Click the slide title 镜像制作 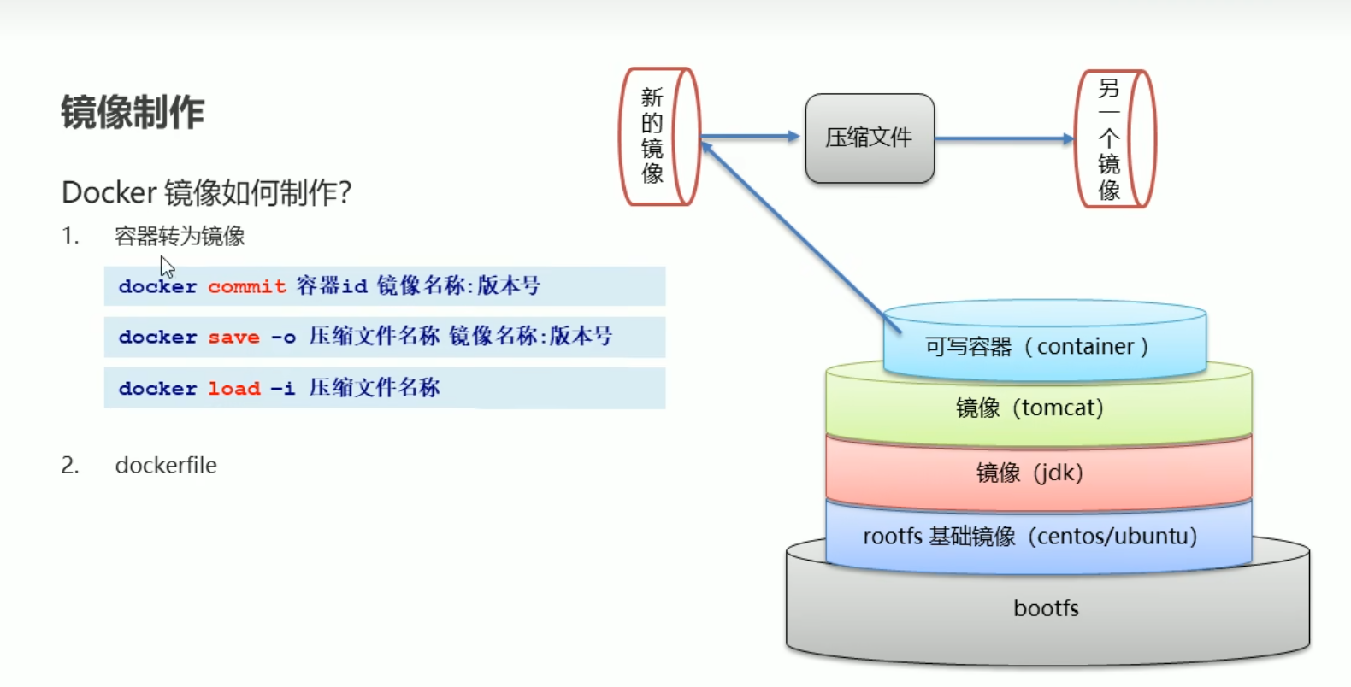(x=133, y=112)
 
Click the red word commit (x=246, y=286)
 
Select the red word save (x=233, y=338)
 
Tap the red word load (x=233, y=389)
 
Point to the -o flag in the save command (x=283, y=338)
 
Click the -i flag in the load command (x=283, y=389)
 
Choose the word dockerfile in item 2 (x=166, y=465)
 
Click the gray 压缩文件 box (x=869, y=138)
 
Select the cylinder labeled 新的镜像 (x=659, y=137)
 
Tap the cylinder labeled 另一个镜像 (x=1114, y=139)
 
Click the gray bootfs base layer (x=1047, y=608)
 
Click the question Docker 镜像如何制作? (x=206, y=192)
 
